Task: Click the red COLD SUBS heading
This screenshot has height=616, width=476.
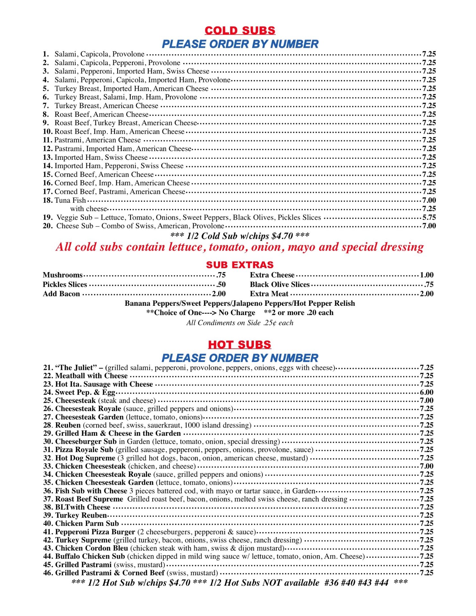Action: coord(240,30)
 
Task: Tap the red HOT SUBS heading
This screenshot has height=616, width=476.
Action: coord(240,345)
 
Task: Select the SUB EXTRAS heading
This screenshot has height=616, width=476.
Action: coord(240,265)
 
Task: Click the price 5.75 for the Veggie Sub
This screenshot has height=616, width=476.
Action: coord(429,218)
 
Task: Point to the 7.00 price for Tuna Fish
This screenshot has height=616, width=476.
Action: coord(429,200)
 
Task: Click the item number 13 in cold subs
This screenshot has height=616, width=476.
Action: coord(48,157)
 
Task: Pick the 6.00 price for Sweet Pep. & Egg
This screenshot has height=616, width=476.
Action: coord(427,392)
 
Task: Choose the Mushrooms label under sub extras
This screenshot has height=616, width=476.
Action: coord(63,275)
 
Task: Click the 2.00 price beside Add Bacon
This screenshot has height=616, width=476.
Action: coord(219,294)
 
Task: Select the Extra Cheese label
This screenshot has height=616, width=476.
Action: coord(272,275)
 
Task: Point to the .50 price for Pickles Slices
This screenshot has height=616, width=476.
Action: coord(221,284)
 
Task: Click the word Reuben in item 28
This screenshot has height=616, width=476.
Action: coord(68,425)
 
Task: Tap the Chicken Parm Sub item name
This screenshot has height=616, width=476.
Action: coord(87,523)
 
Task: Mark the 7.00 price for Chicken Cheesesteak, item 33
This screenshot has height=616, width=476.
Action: coord(427,466)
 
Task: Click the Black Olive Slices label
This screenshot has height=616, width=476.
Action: coord(279,284)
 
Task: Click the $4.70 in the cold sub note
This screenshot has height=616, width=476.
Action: coord(282,236)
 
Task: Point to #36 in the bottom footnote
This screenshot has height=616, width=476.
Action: coord(331,583)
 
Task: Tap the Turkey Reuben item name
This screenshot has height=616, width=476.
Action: coord(81,515)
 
